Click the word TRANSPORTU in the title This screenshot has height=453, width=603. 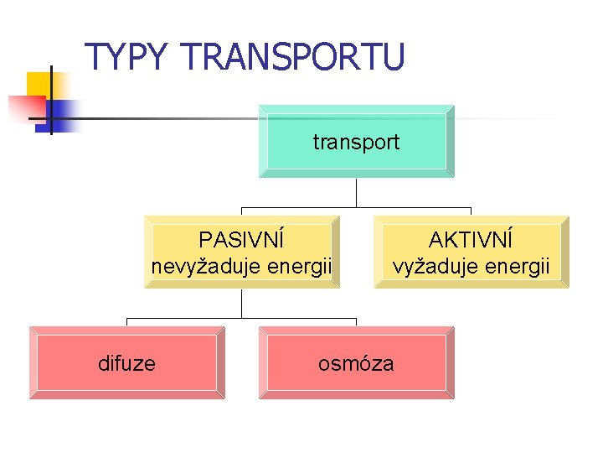pyautogui.click(x=292, y=57)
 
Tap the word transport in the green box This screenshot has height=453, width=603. pyautogui.click(x=356, y=143)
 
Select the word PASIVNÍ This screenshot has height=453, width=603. pyautogui.click(x=241, y=241)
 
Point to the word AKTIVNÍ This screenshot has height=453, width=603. pyautogui.click(x=471, y=241)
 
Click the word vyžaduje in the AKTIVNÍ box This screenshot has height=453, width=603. pyautogui.click(x=435, y=268)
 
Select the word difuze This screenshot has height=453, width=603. pyautogui.click(x=126, y=363)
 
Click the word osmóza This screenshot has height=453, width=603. pyautogui.click(x=356, y=363)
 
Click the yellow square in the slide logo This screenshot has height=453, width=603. pyautogui.click(x=39, y=85)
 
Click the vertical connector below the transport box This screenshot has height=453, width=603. pyautogui.click(x=357, y=193)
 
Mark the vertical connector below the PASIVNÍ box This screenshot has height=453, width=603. pyautogui.click(x=242, y=303)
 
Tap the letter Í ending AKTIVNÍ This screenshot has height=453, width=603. pyautogui.click(x=508, y=239)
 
